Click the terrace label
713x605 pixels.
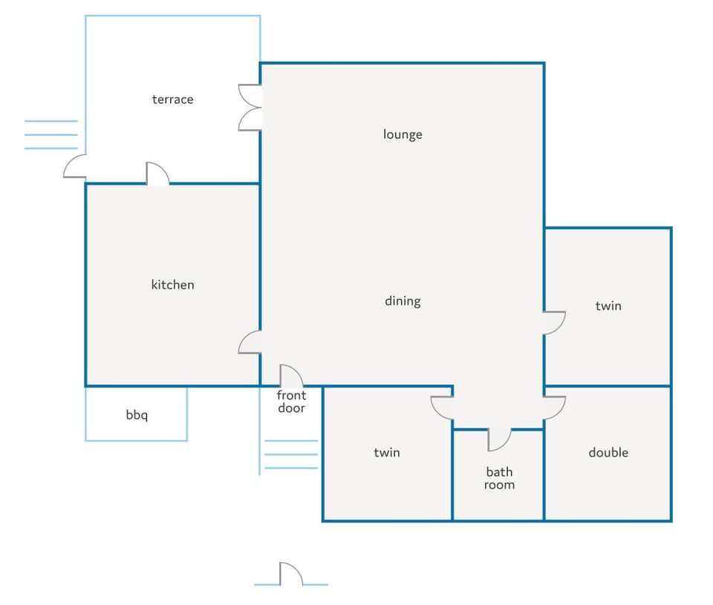(x=173, y=99)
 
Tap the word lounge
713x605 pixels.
(x=403, y=134)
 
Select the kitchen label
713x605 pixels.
(x=173, y=284)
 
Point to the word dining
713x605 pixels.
(x=403, y=301)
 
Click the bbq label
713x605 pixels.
(x=137, y=415)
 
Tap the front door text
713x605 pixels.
(x=291, y=402)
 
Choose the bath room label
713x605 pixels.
(x=499, y=478)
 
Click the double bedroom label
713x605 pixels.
(x=608, y=452)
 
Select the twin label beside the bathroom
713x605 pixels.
(x=387, y=452)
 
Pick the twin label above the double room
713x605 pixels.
(x=608, y=305)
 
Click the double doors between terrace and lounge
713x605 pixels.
(x=250, y=108)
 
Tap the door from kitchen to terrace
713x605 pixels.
(x=157, y=174)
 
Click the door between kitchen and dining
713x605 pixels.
(x=250, y=342)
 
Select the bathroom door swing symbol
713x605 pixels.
(x=499, y=439)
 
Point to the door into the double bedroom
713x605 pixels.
(x=554, y=408)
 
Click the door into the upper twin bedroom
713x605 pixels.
(x=554, y=323)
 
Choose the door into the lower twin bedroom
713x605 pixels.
(x=442, y=408)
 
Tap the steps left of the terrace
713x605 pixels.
(x=51, y=134)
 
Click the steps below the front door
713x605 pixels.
(x=291, y=454)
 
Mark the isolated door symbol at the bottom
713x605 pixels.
(x=291, y=574)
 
